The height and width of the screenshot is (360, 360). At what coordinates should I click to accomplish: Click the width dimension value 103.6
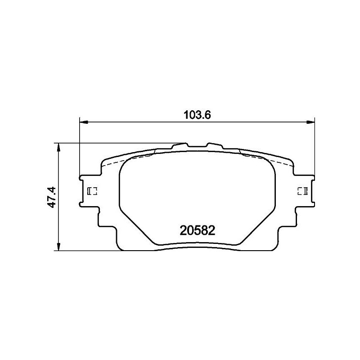coord(197,115)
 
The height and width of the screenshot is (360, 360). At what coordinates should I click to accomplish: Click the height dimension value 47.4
coord(52,197)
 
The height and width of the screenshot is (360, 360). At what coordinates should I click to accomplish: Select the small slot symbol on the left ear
coord(92,191)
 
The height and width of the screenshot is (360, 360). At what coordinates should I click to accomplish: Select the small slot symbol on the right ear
coord(302,191)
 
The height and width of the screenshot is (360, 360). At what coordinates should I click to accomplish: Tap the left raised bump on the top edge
coord(180,145)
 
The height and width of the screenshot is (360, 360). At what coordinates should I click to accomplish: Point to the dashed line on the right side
coord(265,158)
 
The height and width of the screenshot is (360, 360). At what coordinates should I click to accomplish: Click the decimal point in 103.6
coord(203,118)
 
